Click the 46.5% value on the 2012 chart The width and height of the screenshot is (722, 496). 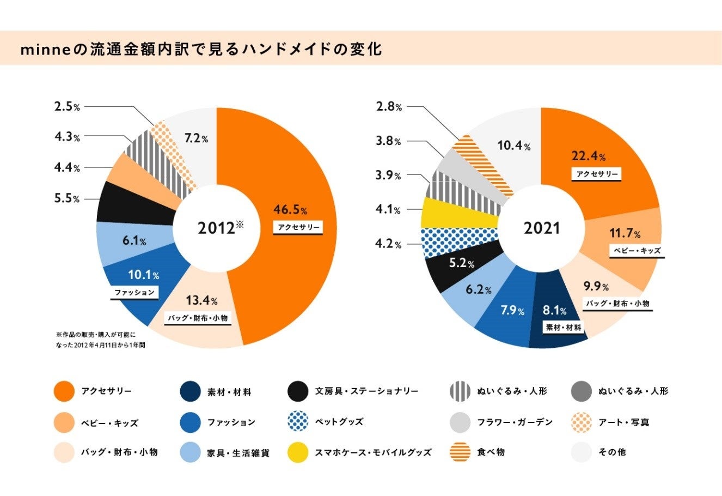[x=290, y=210]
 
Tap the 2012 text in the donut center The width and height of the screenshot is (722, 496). [x=217, y=228]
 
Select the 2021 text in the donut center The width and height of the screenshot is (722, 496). [x=541, y=228]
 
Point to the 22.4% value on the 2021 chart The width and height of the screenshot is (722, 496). [x=589, y=157]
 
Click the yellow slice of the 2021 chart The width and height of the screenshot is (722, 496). [x=460, y=213]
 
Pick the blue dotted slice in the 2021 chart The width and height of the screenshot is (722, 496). [x=460, y=243]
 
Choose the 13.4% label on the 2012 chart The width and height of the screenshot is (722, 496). [x=201, y=300]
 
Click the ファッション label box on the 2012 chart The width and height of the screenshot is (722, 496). [x=134, y=293]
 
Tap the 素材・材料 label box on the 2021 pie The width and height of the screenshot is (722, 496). [x=564, y=328]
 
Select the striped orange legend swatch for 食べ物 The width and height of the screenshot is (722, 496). [x=461, y=452]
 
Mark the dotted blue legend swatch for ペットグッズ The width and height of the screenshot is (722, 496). [x=297, y=422]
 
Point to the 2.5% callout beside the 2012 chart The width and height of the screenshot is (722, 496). [x=67, y=107]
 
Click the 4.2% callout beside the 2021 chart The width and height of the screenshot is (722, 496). [x=388, y=244]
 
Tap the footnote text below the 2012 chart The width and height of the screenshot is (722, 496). [x=100, y=340]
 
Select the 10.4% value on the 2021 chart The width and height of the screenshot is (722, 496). [x=514, y=146]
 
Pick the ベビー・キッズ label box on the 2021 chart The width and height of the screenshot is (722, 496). [x=637, y=251]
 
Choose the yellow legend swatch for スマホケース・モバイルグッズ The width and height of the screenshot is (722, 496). [x=297, y=452]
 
